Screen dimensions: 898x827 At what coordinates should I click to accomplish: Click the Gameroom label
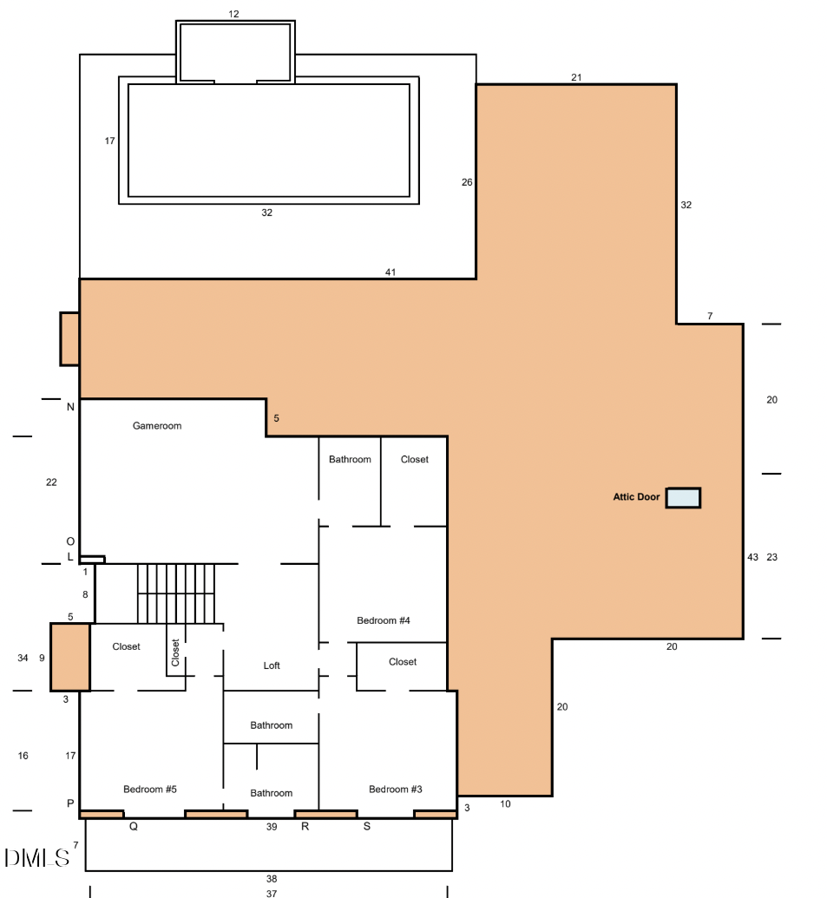157,426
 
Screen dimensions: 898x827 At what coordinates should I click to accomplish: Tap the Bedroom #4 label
383,620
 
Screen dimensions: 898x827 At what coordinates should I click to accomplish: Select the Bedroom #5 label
150,789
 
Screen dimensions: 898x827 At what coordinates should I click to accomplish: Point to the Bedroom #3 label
395,789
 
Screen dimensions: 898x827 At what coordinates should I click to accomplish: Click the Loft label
272,665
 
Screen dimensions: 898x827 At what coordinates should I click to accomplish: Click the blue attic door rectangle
683,498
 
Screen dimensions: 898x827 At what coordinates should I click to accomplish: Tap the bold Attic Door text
637,498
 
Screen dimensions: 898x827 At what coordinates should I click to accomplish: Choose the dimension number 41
391,272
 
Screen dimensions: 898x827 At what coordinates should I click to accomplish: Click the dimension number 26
467,182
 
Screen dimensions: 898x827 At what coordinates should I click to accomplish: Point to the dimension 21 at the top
576,77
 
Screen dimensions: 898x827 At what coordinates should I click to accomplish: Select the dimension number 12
233,14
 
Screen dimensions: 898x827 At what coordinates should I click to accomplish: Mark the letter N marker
70,407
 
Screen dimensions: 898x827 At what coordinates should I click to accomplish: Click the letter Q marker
134,827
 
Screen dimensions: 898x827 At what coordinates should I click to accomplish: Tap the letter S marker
367,827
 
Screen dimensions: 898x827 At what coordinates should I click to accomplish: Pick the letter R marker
305,827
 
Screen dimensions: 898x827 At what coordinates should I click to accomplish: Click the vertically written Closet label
176,652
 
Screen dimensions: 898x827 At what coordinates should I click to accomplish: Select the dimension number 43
752,557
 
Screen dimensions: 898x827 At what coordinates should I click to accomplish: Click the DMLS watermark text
36,858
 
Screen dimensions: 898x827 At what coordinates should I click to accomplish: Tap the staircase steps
176,593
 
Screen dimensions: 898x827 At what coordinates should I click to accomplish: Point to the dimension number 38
272,878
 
